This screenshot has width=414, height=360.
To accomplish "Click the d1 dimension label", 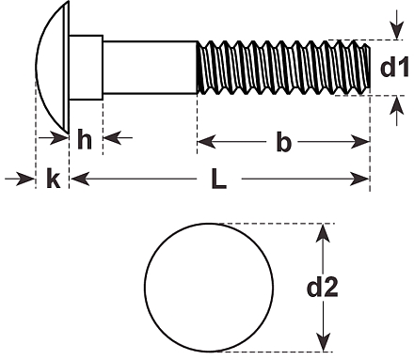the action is (394, 67).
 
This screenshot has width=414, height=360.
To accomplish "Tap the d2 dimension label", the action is (323, 287).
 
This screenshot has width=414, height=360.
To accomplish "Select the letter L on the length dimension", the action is (218, 179).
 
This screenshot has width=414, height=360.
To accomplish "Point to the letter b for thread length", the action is (283, 142).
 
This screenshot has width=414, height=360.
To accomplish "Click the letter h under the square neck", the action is (85, 139).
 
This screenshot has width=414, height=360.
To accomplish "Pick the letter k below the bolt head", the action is (53, 178).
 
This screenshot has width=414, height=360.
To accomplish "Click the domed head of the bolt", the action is (53, 67).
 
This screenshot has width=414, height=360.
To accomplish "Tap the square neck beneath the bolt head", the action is (86, 68).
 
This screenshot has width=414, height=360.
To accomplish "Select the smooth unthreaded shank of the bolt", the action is (151, 68).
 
